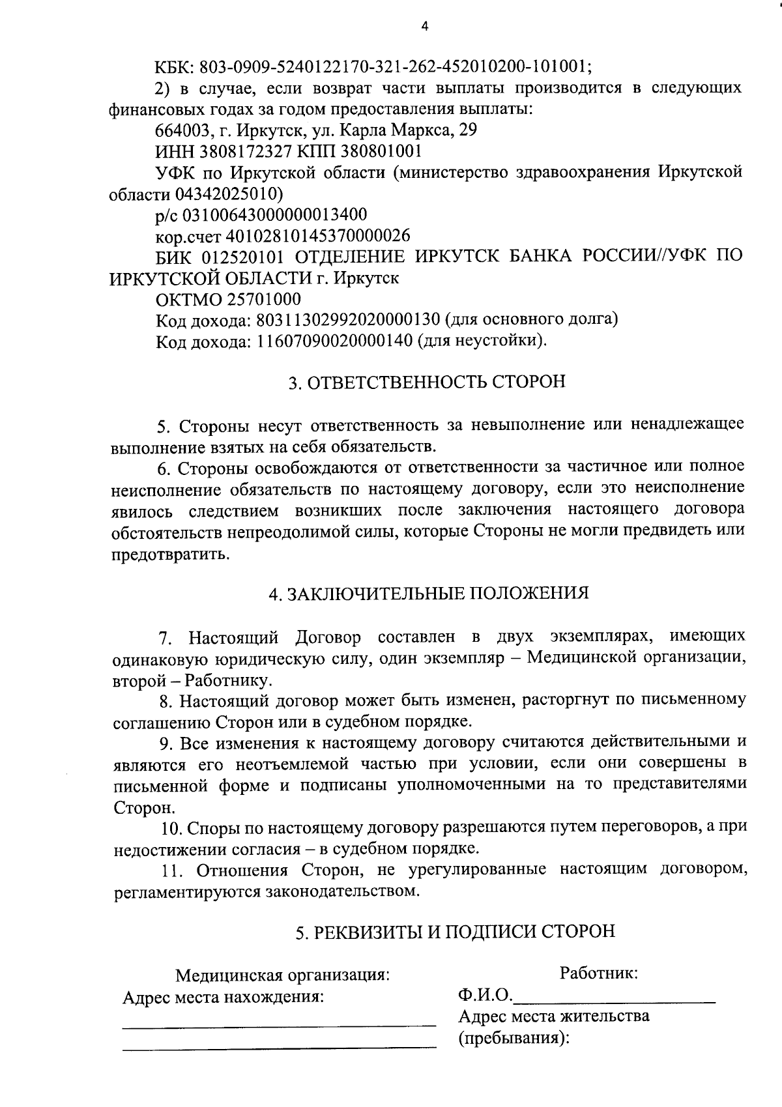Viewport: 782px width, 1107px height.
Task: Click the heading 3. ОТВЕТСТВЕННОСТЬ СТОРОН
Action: (427, 382)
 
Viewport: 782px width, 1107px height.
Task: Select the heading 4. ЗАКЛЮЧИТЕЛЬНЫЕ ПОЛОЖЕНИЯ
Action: (428, 594)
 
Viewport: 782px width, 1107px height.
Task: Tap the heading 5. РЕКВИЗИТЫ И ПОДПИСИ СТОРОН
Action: (455, 932)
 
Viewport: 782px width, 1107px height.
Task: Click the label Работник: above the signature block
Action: (598, 973)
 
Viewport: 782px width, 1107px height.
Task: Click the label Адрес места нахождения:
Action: (224, 998)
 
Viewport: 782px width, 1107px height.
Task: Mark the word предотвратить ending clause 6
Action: (170, 554)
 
